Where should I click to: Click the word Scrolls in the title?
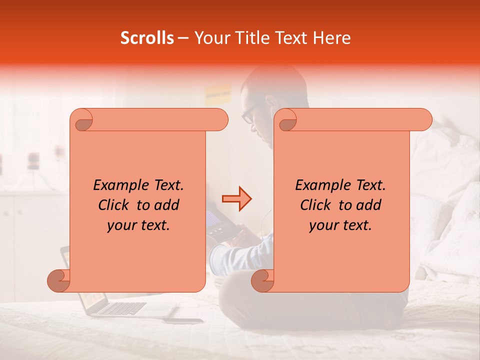[x=147, y=38]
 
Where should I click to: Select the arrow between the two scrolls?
[x=236, y=198]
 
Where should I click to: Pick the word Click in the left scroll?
[x=115, y=205]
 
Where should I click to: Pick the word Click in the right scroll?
[x=317, y=205]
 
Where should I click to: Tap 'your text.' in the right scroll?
[x=340, y=225]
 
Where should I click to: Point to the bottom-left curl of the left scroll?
[x=59, y=280]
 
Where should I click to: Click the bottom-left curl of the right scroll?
[x=262, y=280]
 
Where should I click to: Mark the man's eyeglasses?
[x=248, y=114]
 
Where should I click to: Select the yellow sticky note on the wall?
[x=217, y=93]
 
